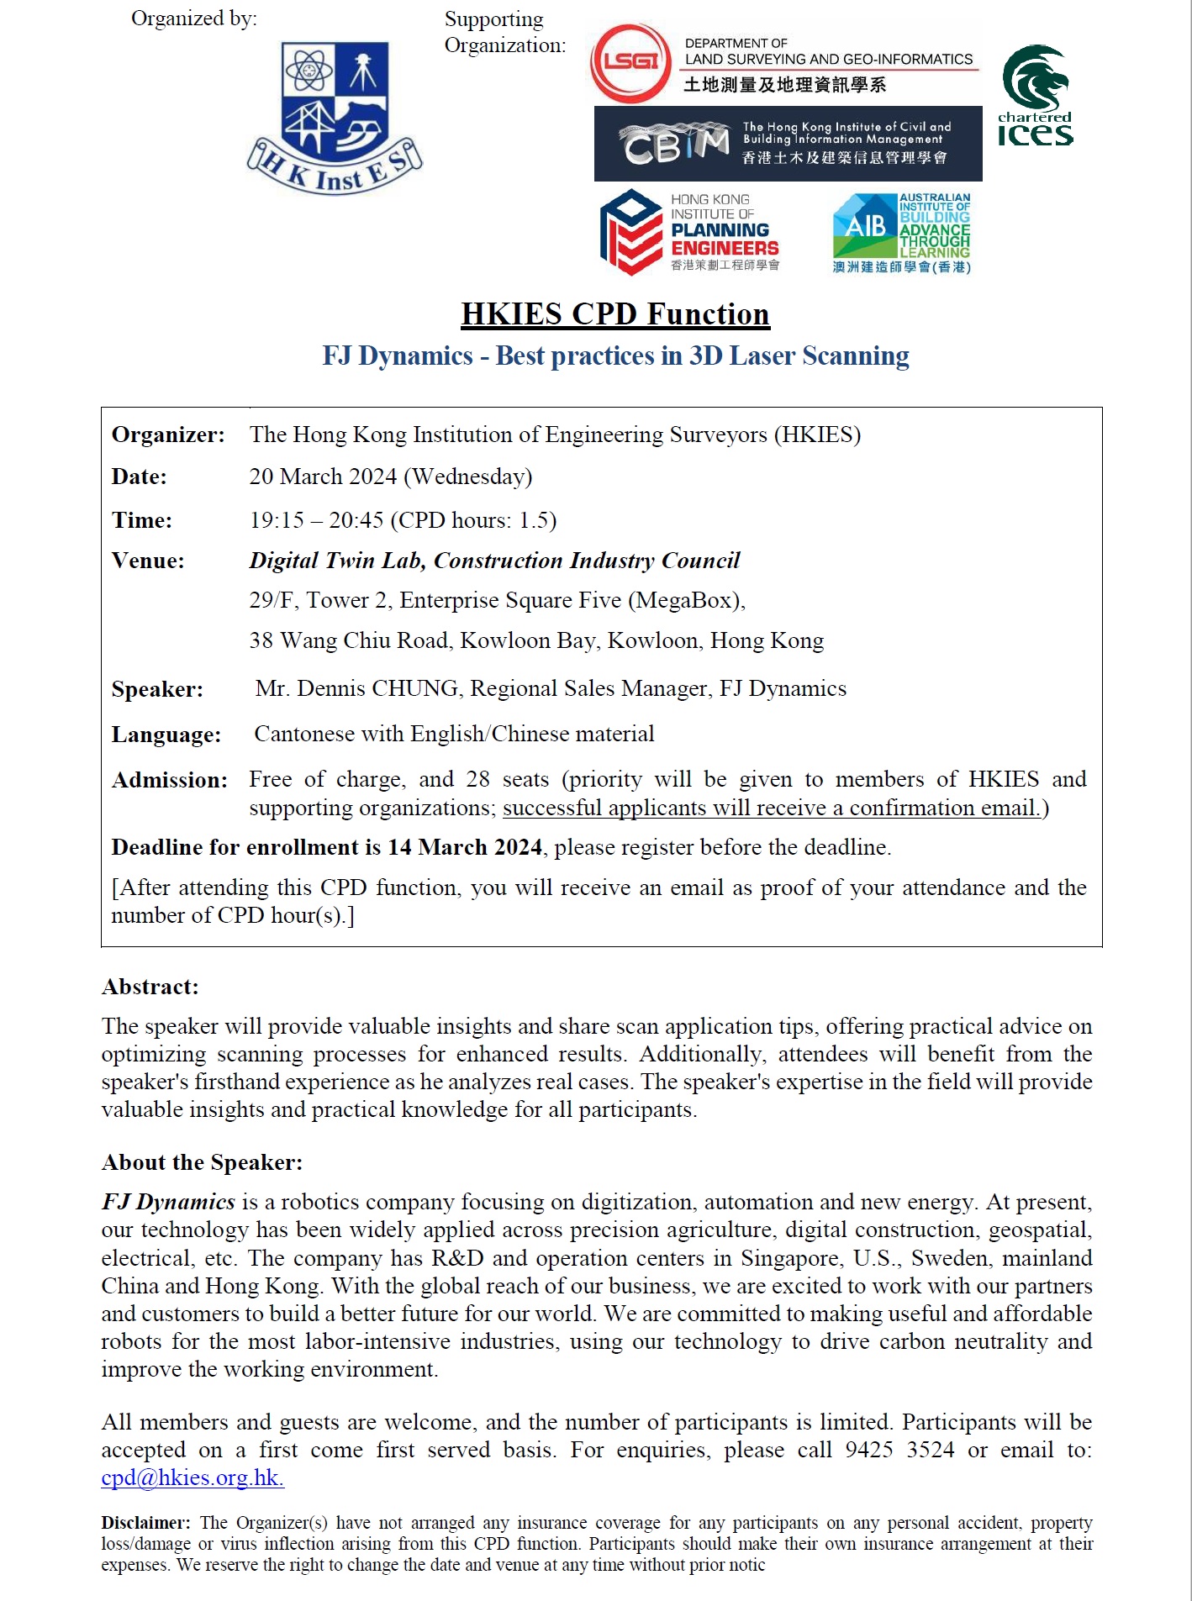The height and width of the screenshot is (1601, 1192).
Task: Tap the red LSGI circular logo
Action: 630,63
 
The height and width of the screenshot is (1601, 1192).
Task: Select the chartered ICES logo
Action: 1035,96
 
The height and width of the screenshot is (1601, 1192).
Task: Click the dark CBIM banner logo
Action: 788,144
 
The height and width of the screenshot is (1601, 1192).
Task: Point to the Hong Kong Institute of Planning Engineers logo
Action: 690,232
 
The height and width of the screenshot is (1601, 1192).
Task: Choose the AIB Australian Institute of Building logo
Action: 901,233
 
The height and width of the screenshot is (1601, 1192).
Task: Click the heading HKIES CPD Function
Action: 614,313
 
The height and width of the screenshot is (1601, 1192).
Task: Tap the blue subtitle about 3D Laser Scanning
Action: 615,355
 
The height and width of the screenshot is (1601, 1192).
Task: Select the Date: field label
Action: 140,477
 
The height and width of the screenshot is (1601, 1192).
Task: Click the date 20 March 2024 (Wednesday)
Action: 390,477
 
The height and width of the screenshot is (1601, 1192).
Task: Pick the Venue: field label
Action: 148,561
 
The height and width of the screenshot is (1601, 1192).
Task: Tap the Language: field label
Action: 166,735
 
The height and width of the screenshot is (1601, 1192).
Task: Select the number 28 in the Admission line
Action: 477,779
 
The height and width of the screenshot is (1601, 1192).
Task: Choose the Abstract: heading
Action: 150,987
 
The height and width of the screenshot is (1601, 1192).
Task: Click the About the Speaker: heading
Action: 202,1162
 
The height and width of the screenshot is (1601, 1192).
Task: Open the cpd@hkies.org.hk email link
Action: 193,1477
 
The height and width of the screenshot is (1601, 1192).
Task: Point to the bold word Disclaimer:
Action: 145,1523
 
